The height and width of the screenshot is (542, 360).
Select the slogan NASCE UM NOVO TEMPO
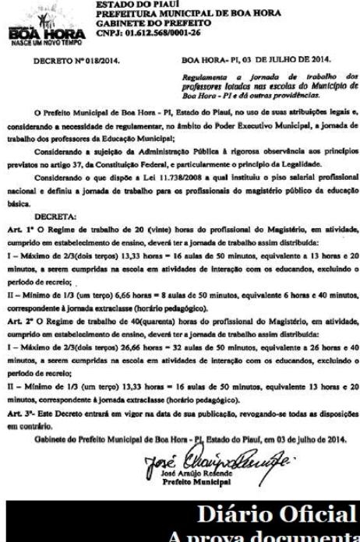pyautogui.click(x=29, y=40)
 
